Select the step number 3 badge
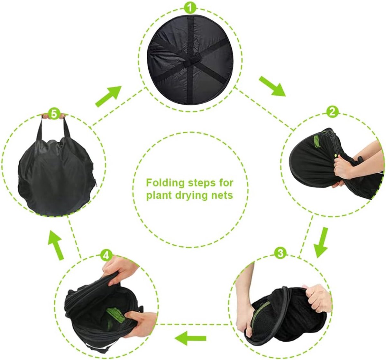(x=280, y=253)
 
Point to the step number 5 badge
(x=54, y=114)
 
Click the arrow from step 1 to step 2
(x=273, y=86)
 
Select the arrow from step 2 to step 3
(x=322, y=242)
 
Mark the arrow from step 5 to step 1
(x=108, y=96)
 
